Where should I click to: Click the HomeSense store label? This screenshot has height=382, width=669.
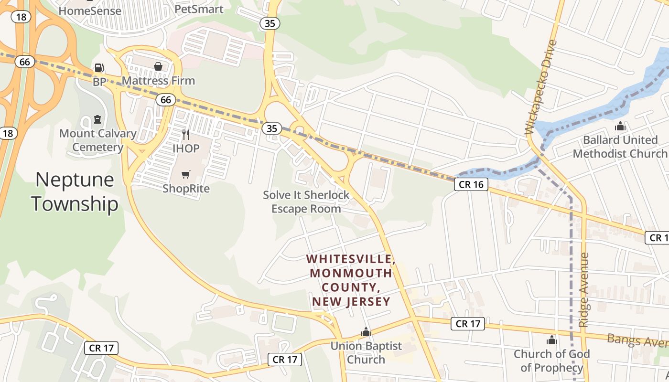[x=90, y=11]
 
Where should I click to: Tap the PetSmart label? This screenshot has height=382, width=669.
[x=199, y=9]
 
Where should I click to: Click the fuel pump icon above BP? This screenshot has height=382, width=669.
[x=99, y=68]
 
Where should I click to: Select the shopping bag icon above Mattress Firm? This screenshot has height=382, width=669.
[x=158, y=66]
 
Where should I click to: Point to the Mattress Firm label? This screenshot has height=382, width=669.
[x=158, y=81]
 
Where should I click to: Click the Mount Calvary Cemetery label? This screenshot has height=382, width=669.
[x=97, y=140]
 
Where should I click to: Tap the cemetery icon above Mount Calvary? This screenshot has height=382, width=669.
[x=97, y=119]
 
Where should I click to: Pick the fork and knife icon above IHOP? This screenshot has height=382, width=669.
[x=186, y=135]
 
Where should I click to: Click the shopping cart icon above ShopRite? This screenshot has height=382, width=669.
[x=186, y=175]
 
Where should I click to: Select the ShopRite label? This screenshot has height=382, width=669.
[x=186, y=189]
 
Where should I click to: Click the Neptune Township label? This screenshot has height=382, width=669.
[x=75, y=192]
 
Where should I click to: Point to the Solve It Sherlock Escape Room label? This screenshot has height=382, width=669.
[x=306, y=202]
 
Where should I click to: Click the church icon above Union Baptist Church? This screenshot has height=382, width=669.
[x=366, y=331]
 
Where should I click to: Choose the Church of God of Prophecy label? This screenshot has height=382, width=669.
[x=552, y=361]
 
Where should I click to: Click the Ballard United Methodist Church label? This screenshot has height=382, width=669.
[x=620, y=147]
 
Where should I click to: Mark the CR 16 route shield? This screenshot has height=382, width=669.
[x=471, y=185]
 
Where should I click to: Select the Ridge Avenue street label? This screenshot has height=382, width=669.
[x=584, y=290]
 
